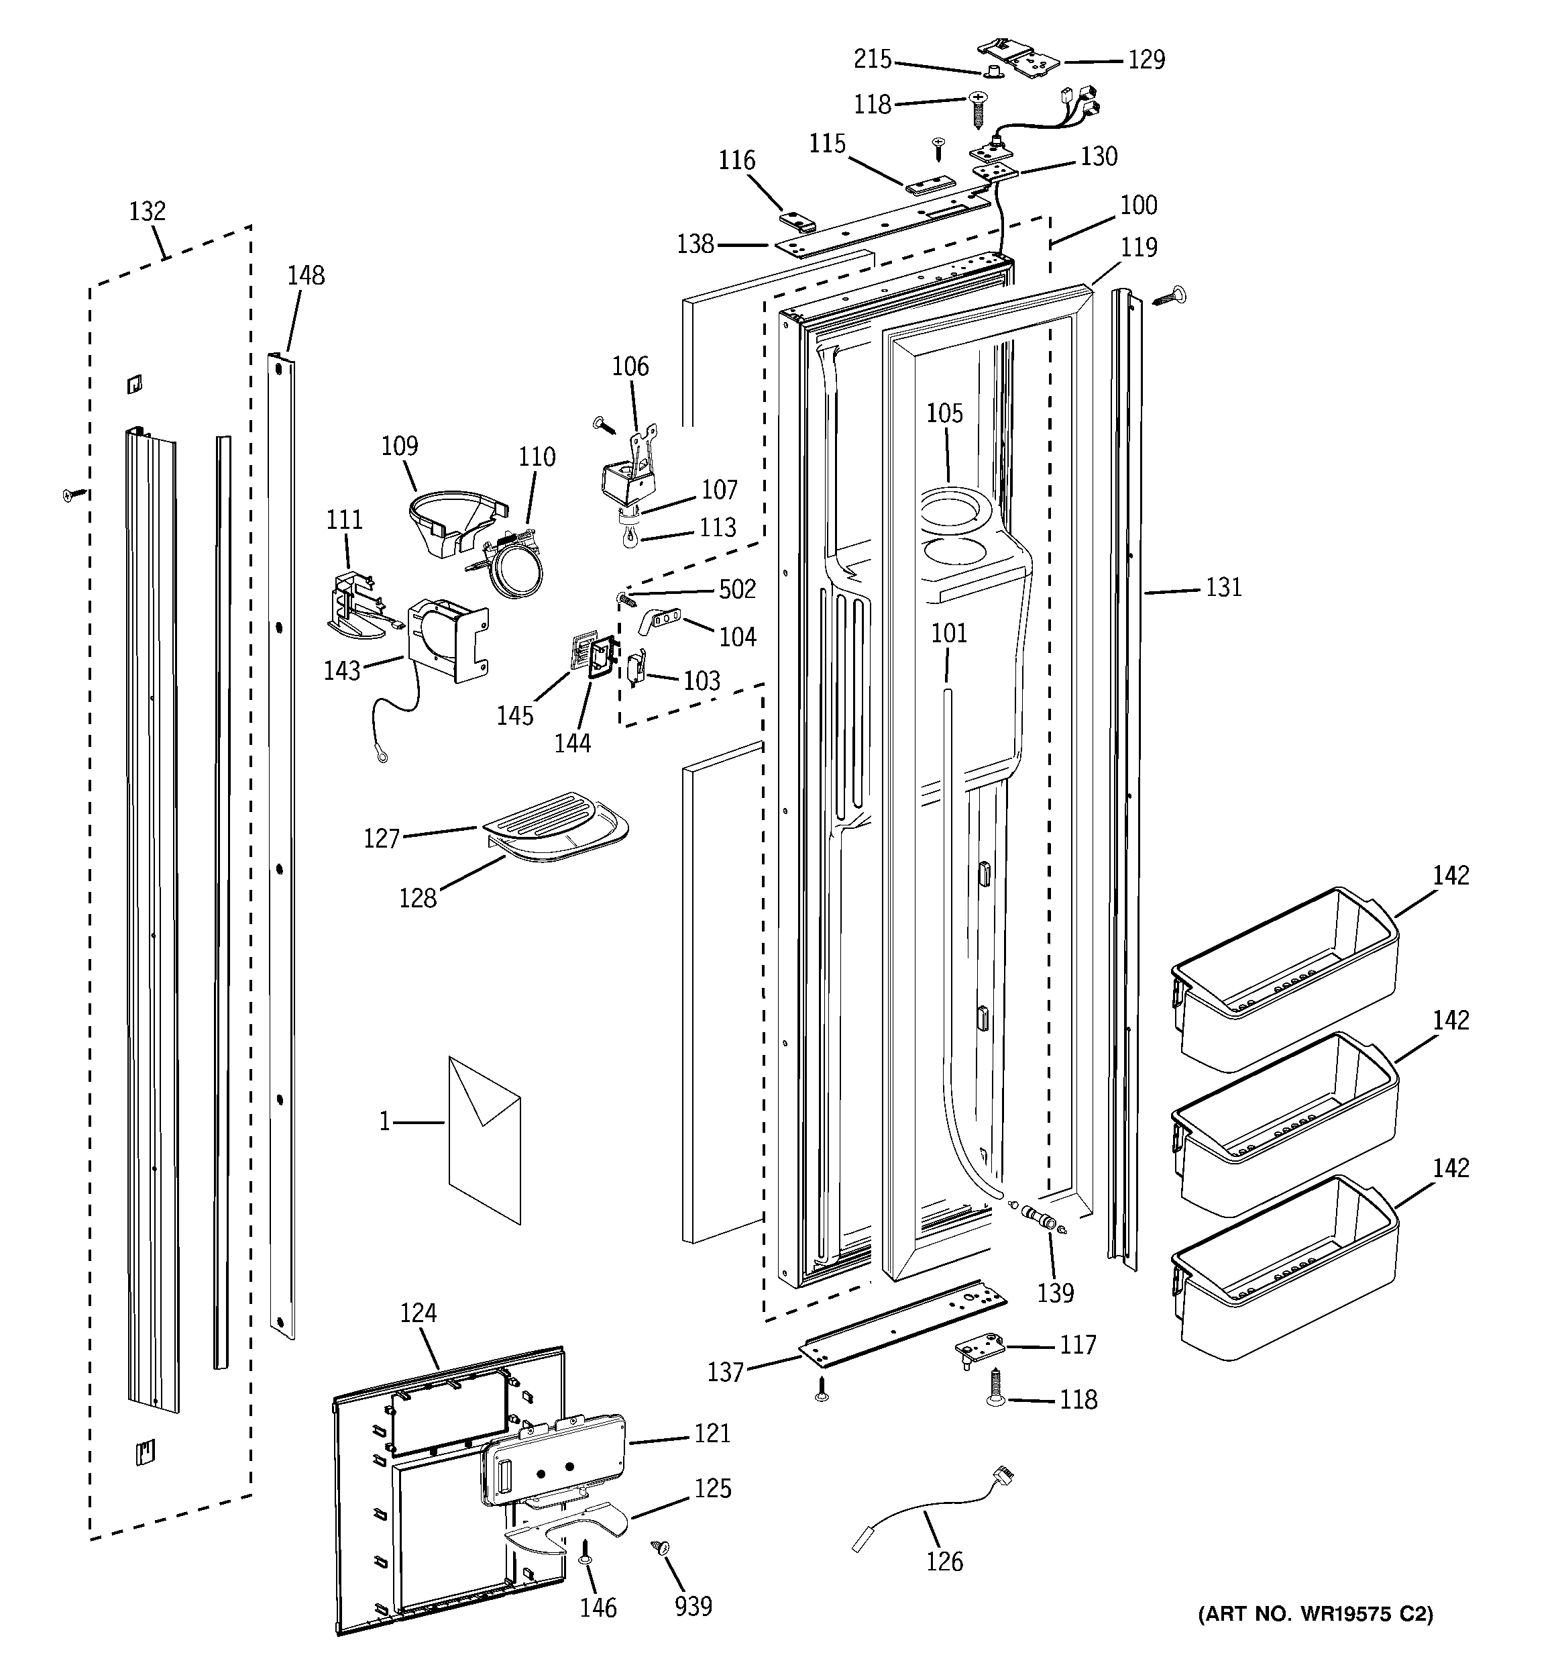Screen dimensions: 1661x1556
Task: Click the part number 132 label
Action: [147, 211]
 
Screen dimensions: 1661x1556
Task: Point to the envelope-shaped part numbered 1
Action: [484, 1140]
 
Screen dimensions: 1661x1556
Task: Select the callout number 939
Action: [693, 1606]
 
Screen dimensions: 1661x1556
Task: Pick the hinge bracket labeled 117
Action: [978, 1350]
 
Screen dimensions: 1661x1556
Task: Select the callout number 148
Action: [306, 276]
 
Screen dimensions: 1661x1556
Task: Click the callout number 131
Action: [1223, 587]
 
